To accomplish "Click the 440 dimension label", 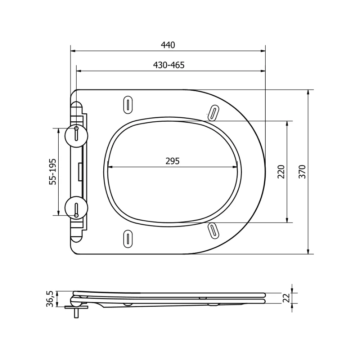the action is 168,45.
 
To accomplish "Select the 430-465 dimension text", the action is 169,65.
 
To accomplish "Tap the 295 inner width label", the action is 172,161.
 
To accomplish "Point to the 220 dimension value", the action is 281,171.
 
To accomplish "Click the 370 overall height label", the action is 302,171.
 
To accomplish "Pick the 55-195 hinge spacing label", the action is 53,171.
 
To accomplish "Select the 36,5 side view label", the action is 50,299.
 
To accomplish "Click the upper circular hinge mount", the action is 76,136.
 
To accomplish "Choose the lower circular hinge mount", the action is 76,208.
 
